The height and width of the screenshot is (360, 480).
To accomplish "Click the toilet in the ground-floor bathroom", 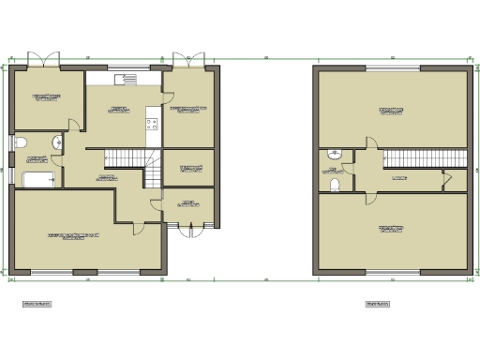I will (21, 142).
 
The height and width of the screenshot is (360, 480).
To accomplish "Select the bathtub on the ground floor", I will (37, 180).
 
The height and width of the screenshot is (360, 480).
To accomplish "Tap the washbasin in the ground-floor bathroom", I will (58, 142).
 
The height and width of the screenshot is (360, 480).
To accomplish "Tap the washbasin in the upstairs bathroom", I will (335, 154).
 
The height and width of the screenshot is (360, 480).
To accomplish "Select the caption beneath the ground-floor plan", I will (37, 304).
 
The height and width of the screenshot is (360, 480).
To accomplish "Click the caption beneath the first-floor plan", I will (378, 304).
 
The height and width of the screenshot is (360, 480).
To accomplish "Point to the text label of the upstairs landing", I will (399, 177).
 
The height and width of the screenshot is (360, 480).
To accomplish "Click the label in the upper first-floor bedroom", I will (392, 111).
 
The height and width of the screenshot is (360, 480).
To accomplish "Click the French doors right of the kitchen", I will (191, 59).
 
